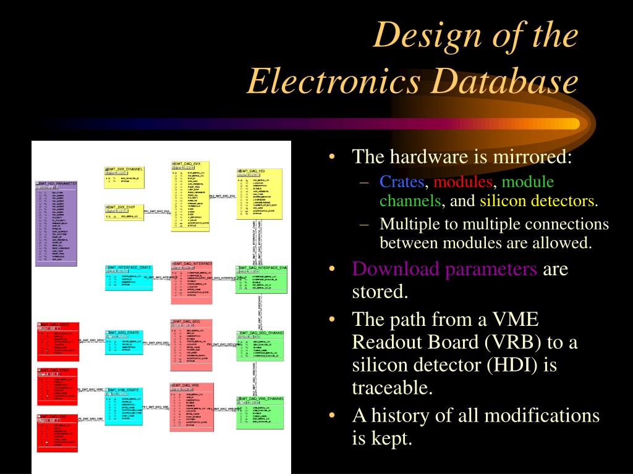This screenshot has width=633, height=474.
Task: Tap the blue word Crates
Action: [402, 182]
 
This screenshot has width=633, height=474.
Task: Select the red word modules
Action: [463, 182]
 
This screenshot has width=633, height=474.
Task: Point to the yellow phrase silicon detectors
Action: [538, 201]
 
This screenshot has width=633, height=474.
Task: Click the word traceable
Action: [391, 388]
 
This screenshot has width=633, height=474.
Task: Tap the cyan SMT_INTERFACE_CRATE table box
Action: [124, 278]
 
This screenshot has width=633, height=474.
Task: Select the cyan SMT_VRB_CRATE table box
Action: [124, 407]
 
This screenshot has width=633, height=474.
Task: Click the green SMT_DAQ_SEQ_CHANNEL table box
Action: [260, 346]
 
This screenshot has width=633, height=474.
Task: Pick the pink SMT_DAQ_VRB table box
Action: [191, 407]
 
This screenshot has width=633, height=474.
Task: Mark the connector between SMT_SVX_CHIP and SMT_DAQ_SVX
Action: [157, 212]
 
